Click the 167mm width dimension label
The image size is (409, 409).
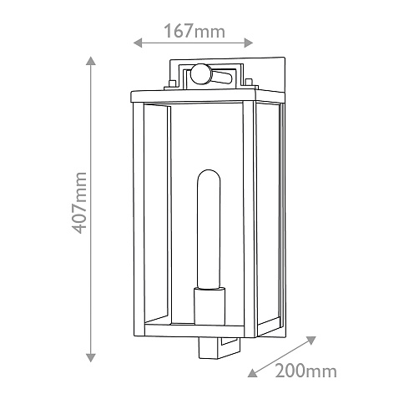point(194,31)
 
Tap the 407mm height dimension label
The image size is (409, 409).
point(79,203)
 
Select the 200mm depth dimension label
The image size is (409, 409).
point(305,371)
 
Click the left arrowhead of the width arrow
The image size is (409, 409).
point(138,43)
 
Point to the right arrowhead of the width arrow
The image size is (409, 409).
point(249,43)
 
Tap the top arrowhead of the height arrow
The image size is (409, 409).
point(91,61)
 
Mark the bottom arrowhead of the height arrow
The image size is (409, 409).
point(91,357)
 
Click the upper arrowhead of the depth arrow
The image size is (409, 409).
point(311,341)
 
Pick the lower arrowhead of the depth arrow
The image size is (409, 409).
point(252,373)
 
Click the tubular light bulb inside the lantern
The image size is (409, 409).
point(208,229)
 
